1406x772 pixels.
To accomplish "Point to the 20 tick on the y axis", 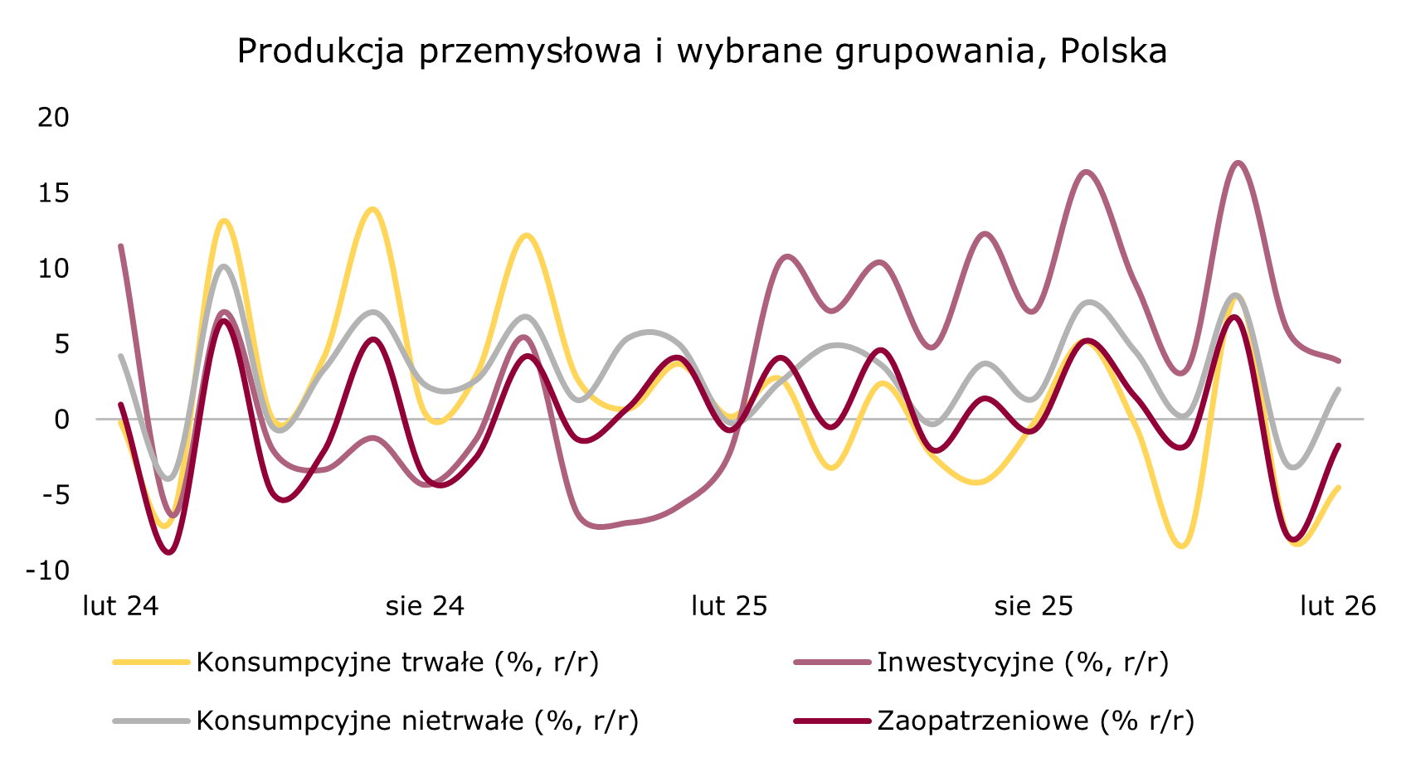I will pos(54,118).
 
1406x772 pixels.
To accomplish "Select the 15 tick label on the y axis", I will pos(54,193).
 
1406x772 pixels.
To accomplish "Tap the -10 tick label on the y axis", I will pos(48,571).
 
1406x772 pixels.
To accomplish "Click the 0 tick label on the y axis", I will pos(62,420).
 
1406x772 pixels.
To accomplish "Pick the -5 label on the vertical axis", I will pos(54,495).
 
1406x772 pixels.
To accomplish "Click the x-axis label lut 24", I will pos(121,606).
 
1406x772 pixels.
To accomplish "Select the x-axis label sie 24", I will pos(425,606).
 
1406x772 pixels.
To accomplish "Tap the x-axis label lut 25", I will pos(729,606).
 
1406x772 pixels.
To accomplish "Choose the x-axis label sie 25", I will pos(1034,606).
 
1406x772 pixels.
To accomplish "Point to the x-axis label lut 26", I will pos(1338,606).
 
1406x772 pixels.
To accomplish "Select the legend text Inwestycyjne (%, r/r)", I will pos(1022,663).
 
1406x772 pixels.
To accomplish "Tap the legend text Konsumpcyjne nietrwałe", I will pos(416,721).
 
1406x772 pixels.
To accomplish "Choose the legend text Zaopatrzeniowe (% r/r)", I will pos(1035,721).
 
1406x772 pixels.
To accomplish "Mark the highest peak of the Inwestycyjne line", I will pos(1238,163).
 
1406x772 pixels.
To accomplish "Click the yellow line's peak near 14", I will pos(372,209).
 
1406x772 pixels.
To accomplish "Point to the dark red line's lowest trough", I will pos(170,552).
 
